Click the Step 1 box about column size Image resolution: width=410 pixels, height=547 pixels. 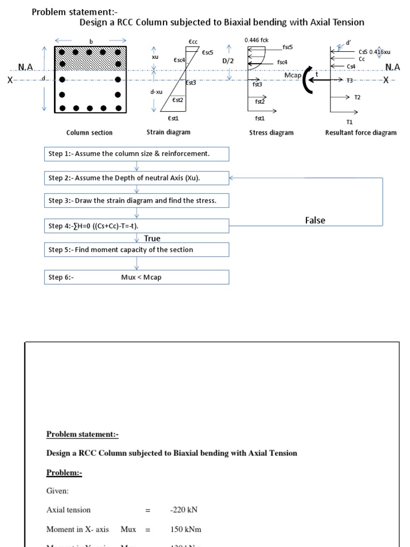pos(137,154)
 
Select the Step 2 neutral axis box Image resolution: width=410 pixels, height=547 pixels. pos(137,178)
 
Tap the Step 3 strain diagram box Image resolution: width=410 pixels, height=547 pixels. pos(137,201)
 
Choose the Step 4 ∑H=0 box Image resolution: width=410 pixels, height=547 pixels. pos(137,226)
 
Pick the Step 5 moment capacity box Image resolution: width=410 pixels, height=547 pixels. pos(137,249)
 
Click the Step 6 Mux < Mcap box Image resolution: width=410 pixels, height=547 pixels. pos(137,277)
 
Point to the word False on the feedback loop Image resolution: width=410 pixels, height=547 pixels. pos(315,220)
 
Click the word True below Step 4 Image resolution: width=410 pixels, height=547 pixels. pos(152,238)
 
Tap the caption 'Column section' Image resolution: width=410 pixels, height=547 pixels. pos(89,132)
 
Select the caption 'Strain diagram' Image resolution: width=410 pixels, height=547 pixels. pos(168,132)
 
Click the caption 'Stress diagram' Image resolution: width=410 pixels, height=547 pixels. pos(271,132)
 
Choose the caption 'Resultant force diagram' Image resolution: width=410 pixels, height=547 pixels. pos(361,132)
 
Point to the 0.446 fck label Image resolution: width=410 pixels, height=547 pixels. pos(256,40)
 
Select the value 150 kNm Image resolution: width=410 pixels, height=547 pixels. pos(185,529)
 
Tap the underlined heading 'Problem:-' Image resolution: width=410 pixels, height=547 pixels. pos(64,473)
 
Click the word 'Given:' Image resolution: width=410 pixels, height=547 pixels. pos(57,490)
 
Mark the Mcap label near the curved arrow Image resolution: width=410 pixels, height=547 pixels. pos(293,76)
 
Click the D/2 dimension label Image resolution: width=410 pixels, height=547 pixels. pos(228,61)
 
